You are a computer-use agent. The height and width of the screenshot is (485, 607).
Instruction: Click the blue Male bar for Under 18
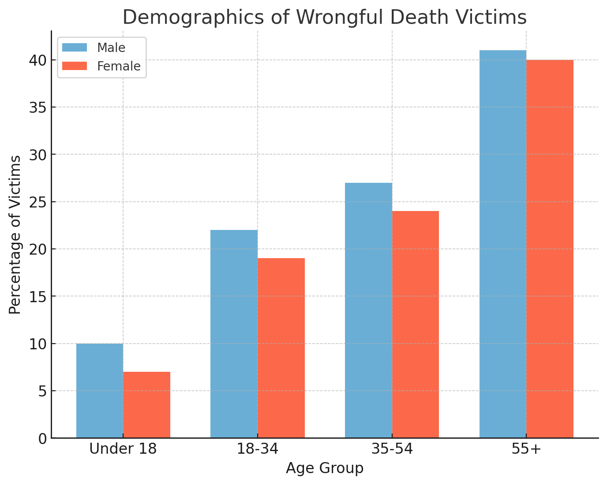click(x=100, y=391)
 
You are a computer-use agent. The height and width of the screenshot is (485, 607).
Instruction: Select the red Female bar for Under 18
click(x=146, y=405)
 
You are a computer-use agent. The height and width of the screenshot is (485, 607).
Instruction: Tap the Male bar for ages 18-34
click(x=234, y=334)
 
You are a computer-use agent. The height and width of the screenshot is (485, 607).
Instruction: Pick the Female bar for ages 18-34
click(x=281, y=348)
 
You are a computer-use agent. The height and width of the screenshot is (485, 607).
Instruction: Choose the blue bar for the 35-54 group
click(x=368, y=310)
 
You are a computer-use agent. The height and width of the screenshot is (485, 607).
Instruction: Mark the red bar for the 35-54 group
click(x=416, y=324)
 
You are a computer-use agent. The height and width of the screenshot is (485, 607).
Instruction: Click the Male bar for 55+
click(x=503, y=244)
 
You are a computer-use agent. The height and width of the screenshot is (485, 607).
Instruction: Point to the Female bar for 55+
click(x=550, y=249)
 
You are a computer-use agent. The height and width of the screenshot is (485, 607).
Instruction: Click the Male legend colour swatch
click(x=75, y=48)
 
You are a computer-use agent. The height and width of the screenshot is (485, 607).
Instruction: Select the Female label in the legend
click(x=119, y=66)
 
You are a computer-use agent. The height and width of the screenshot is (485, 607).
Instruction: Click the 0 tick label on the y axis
click(x=42, y=438)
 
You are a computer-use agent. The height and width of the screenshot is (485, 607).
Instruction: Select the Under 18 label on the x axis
click(x=123, y=449)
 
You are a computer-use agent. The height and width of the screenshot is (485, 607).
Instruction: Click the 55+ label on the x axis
click(x=526, y=449)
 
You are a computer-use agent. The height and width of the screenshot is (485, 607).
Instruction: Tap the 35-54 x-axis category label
click(x=392, y=449)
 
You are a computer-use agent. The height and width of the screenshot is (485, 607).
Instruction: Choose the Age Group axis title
click(x=325, y=468)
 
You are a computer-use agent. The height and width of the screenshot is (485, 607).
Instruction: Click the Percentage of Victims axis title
click(x=15, y=234)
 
